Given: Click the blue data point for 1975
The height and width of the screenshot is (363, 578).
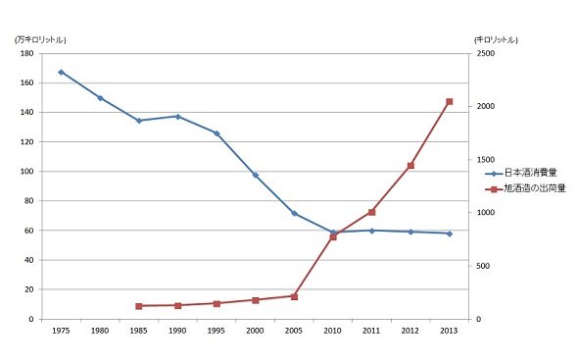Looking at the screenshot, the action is (x=61, y=73).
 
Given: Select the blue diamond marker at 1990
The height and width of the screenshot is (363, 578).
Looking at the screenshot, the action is (x=177, y=117).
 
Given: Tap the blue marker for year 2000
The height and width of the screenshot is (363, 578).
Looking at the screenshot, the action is (x=256, y=175).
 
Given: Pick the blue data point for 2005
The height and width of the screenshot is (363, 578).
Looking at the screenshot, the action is (x=294, y=214).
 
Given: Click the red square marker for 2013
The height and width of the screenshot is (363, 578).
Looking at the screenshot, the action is (x=450, y=102).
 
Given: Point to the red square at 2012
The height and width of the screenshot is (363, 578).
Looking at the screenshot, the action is (x=410, y=166).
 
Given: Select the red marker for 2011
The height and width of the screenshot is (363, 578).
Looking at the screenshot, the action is (x=371, y=212).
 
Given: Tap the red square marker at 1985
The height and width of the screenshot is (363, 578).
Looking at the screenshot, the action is (x=139, y=306).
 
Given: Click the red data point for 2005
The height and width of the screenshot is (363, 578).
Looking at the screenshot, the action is (x=294, y=296).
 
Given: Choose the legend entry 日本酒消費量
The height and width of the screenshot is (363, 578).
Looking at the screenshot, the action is (x=521, y=173).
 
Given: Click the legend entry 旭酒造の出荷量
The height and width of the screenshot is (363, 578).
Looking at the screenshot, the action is (x=525, y=188).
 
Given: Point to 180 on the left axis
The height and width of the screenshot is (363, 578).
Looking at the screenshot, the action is (x=26, y=53).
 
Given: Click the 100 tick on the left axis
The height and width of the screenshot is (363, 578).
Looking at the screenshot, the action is (x=26, y=172).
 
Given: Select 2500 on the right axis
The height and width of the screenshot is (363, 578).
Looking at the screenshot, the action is (x=486, y=54).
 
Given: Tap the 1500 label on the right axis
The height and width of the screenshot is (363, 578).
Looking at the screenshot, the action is (x=486, y=160).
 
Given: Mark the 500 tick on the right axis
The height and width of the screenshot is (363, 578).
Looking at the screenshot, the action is (x=483, y=266).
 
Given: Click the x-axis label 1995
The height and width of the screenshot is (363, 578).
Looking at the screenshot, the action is (x=217, y=331).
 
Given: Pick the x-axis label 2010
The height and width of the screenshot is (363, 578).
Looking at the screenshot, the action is (x=333, y=331).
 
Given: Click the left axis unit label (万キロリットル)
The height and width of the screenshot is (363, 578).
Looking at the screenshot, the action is (x=40, y=40).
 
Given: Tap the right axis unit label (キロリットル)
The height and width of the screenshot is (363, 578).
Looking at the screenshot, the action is (x=496, y=39).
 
